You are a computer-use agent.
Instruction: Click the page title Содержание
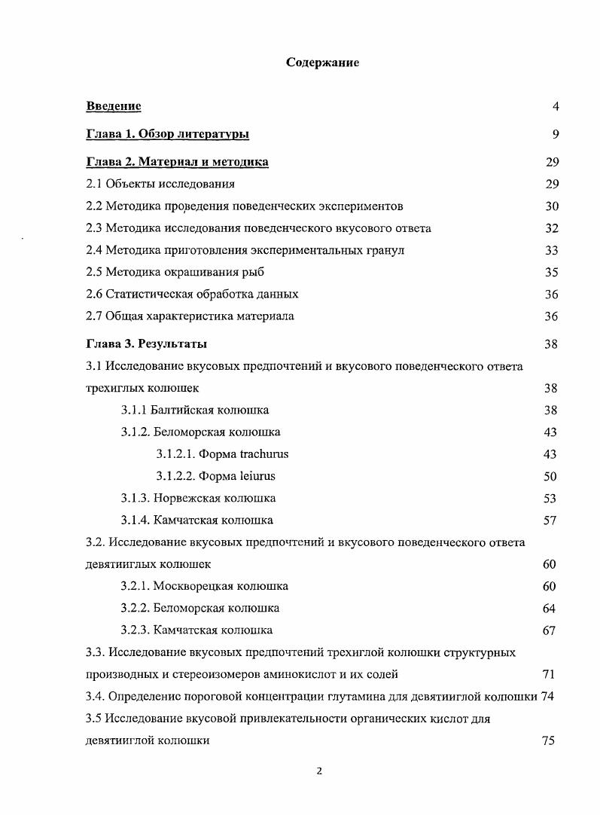click(x=322, y=63)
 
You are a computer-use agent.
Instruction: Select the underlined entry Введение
click(x=114, y=106)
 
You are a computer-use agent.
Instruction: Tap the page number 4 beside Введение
click(x=556, y=106)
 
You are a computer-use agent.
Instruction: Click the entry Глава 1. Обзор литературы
click(x=168, y=134)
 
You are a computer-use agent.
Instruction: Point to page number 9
click(x=556, y=134)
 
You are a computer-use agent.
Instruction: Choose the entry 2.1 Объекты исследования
click(x=160, y=184)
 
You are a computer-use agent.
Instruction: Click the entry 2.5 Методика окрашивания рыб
click(x=175, y=272)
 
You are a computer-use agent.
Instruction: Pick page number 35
click(x=551, y=272)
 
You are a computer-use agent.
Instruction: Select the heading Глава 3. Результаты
click(x=147, y=344)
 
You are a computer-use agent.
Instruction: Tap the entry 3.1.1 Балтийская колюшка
click(x=194, y=410)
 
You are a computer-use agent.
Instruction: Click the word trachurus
click(x=264, y=453)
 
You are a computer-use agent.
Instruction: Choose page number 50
click(x=550, y=476)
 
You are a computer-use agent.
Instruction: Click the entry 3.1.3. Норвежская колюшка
click(x=198, y=498)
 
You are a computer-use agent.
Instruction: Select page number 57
click(x=550, y=520)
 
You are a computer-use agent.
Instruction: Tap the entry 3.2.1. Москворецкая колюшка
click(x=204, y=586)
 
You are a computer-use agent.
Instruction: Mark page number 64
click(x=549, y=608)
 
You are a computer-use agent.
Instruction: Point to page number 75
click(x=548, y=740)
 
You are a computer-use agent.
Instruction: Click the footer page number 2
click(x=319, y=771)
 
